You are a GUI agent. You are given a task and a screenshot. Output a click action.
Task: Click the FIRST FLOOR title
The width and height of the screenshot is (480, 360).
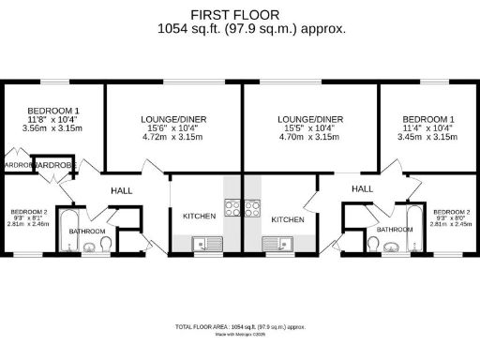(x=240, y=15)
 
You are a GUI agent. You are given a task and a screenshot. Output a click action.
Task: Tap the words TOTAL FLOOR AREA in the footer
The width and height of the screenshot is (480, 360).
(x=201, y=326)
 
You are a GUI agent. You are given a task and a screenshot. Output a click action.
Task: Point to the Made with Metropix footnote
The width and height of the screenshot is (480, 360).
(x=240, y=334)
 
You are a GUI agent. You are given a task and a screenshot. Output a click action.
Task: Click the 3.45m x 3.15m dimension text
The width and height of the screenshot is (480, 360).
(x=428, y=137)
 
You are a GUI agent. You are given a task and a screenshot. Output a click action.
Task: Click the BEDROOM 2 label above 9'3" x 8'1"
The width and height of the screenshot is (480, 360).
(x=21, y=213)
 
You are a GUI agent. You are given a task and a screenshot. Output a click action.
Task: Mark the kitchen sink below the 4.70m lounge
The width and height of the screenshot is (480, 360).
(x=276, y=245)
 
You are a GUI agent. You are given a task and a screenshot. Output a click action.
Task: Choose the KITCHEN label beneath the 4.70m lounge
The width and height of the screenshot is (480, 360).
(x=288, y=218)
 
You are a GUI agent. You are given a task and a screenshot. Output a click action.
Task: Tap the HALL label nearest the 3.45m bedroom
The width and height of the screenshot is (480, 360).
(x=363, y=188)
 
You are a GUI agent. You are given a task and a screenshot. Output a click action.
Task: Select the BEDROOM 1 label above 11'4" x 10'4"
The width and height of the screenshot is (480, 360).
(x=428, y=120)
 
